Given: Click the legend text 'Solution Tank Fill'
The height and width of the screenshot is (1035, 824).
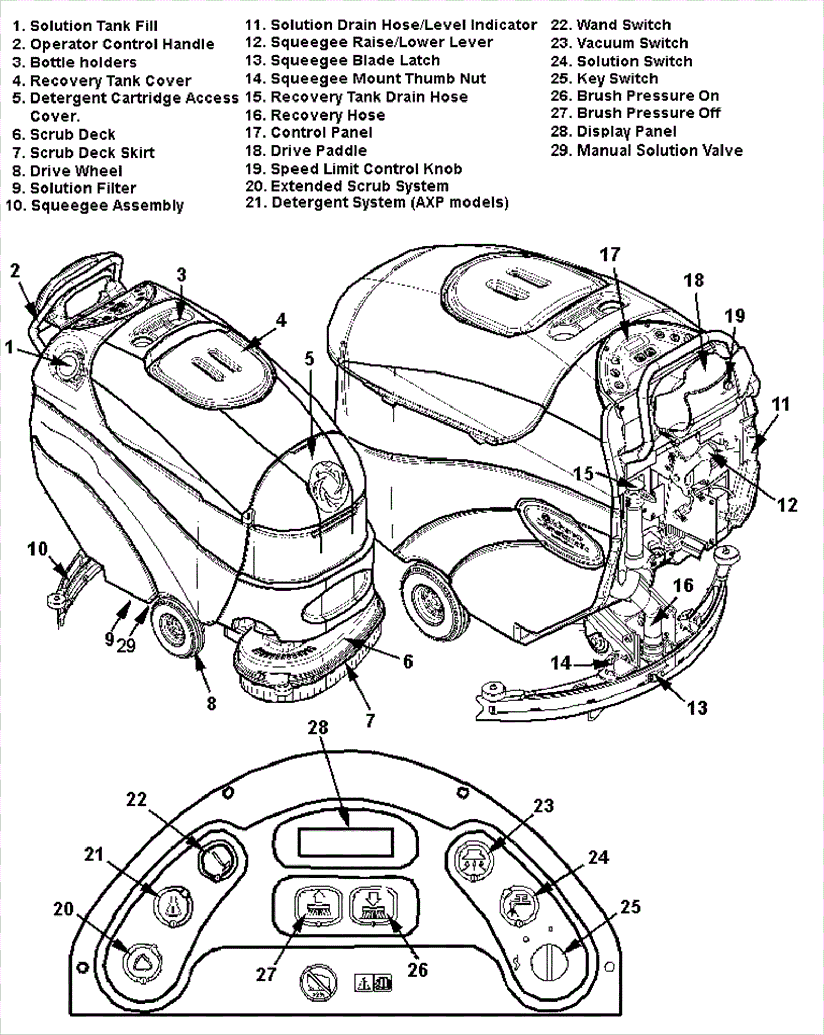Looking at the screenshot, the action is pyautogui.click(x=94, y=26).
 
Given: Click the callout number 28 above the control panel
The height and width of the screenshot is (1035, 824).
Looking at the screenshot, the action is pyautogui.click(x=318, y=727).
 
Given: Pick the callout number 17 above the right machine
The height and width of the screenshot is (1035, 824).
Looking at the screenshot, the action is pyautogui.click(x=610, y=254).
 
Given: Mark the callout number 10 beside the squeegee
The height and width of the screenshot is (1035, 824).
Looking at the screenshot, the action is pyautogui.click(x=38, y=549).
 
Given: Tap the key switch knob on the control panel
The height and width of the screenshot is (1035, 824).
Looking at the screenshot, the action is pyautogui.click(x=548, y=961).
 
